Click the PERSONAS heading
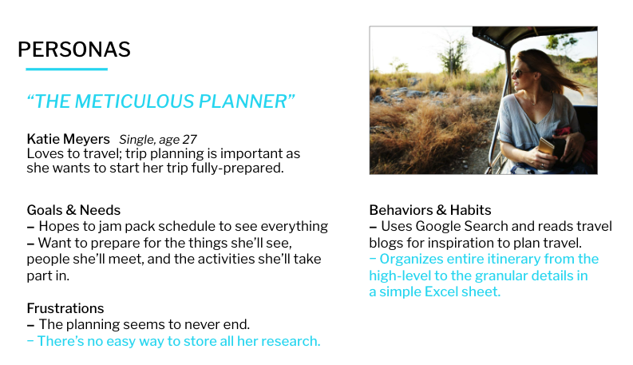coord(74,50)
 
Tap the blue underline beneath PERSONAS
coord(66,69)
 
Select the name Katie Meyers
coord(68,139)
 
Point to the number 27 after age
coord(189,139)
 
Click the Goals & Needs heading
coord(73,210)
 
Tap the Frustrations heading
coord(65,308)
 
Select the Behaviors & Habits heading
coord(430,210)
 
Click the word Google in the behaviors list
coord(438,227)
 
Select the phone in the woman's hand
coord(545,147)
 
